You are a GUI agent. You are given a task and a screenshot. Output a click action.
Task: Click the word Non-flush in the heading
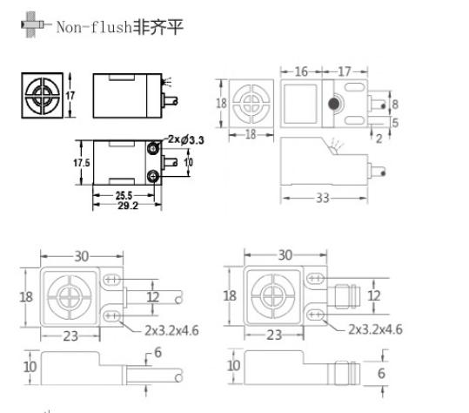click(x=94, y=27)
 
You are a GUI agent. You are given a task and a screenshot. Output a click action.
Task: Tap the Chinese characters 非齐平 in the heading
click(x=157, y=27)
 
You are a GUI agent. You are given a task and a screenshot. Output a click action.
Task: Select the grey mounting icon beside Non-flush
click(x=32, y=24)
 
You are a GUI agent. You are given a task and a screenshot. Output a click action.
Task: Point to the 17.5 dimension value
click(x=82, y=163)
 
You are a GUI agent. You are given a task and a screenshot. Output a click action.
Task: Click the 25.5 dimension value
click(x=124, y=195)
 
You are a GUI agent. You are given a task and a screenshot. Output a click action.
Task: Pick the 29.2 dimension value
click(x=128, y=206)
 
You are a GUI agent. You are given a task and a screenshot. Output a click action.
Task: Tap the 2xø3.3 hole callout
click(x=185, y=139)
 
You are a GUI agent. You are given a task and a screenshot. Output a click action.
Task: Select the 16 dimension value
click(x=301, y=71)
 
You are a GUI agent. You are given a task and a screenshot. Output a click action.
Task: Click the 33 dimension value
click(x=323, y=198)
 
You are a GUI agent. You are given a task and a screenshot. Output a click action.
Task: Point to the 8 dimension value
click(x=395, y=105)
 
